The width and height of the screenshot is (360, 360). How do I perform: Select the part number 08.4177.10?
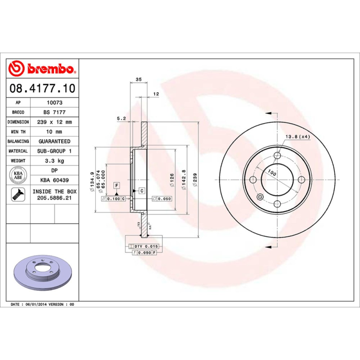(42, 88)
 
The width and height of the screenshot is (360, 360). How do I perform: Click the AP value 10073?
(54, 103)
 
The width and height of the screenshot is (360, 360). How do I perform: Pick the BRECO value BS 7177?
(54, 112)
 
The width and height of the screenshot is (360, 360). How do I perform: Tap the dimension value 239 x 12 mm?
(54, 122)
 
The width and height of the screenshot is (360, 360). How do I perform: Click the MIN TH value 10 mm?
(54, 131)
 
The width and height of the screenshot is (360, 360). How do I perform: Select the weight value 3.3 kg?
(54, 161)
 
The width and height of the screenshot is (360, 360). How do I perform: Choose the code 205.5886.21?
(54, 198)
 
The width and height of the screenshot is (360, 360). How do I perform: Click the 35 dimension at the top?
(139, 79)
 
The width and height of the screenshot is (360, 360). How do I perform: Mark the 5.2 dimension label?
(121, 118)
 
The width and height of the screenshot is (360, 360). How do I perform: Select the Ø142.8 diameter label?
(184, 180)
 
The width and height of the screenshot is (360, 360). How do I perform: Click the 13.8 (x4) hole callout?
(297, 136)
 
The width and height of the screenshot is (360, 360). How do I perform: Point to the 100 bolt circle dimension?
(272, 172)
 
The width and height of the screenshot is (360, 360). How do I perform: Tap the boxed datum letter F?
(117, 185)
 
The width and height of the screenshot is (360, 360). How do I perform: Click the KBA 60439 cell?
(54, 180)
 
